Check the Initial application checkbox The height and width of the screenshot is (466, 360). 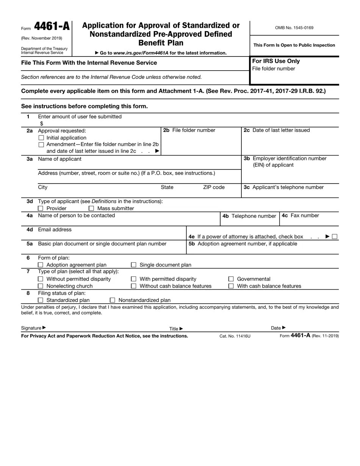click(x=41, y=138)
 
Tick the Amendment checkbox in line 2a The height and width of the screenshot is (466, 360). click(x=41, y=145)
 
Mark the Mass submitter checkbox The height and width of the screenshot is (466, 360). click(x=91, y=209)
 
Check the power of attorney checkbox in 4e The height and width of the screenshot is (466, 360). click(x=334, y=237)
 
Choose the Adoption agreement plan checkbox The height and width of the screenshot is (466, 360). click(x=41, y=265)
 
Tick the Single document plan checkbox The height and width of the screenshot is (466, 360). click(x=133, y=265)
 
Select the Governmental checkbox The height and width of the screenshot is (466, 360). click(x=231, y=279)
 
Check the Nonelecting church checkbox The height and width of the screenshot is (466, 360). click(x=41, y=286)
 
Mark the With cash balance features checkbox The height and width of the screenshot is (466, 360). click(x=231, y=286)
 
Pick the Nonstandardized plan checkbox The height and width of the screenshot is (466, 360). click(x=112, y=300)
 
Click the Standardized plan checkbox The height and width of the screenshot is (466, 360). click(x=41, y=300)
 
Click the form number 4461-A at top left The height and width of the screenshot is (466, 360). click(x=52, y=27)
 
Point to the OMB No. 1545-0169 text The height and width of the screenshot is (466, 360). click(x=294, y=28)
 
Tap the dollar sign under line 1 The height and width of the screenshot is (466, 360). click(x=42, y=124)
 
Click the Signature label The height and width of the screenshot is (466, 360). click(x=31, y=328)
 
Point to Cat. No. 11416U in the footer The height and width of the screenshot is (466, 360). click(x=235, y=336)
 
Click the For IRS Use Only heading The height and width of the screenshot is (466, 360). click(x=276, y=61)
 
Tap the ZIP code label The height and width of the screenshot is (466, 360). click(x=214, y=187)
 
